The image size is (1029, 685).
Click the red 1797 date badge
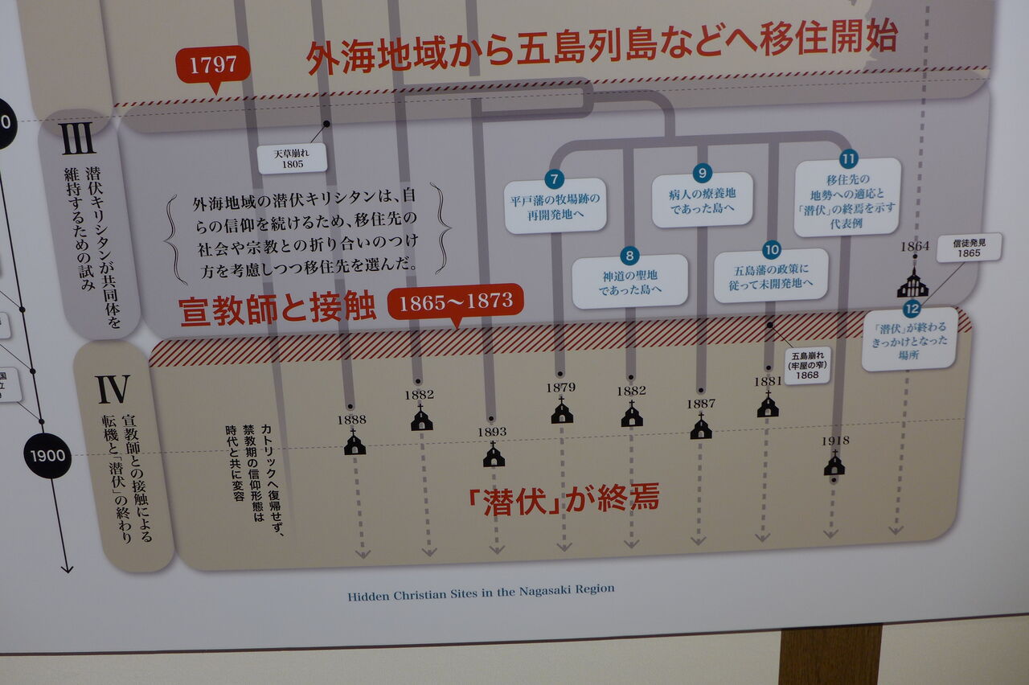pyautogui.click(x=213, y=64)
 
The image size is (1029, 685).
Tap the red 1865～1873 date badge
pyautogui.click(x=455, y=302)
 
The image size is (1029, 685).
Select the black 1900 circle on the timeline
pyautogui.click(x=47, y=455)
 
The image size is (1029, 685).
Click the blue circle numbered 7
pyautogui.click(x=554, y=179)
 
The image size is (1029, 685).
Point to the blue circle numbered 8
pyautogui.click(x=629, y=256)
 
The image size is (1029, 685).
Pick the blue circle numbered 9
pyautogui.click(x=702, y=173)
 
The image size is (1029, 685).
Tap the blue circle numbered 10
pyautogui.click(x=771, y=249)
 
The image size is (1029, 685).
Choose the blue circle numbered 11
pyautogui.click(x=848, y=159)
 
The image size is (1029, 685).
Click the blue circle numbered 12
pyautogui.click(x=911, y=309)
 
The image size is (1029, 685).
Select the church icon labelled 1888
pyautogui.click(x=355, y=443)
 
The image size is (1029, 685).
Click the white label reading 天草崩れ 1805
pyautogui.click(x=292, y=158)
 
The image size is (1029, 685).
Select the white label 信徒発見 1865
pyautogui.click(x=969, y=247)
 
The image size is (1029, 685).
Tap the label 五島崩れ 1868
pyautogui.click(x=806, y=366)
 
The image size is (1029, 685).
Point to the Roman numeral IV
pyautogui.click(x=113, y=390)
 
